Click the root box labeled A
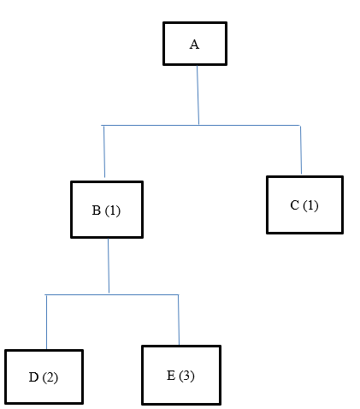point(195,44)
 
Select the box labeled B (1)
point(106,210)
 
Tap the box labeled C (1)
point(304,204)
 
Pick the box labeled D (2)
point(44,376)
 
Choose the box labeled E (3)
point(180,375)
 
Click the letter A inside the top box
point(194,44)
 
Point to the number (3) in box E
point(187,376)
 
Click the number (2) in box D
point(50,377)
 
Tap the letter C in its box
point(295,205)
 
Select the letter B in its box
point(97,210)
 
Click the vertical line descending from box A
point(198,94)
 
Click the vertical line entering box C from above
point(300,150)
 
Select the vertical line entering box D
point(45,322)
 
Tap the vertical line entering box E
point(178,320)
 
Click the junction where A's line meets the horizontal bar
point(198,125)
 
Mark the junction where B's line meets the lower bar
point(109,294)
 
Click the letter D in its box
point(33,377)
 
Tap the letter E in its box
point(171,376)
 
